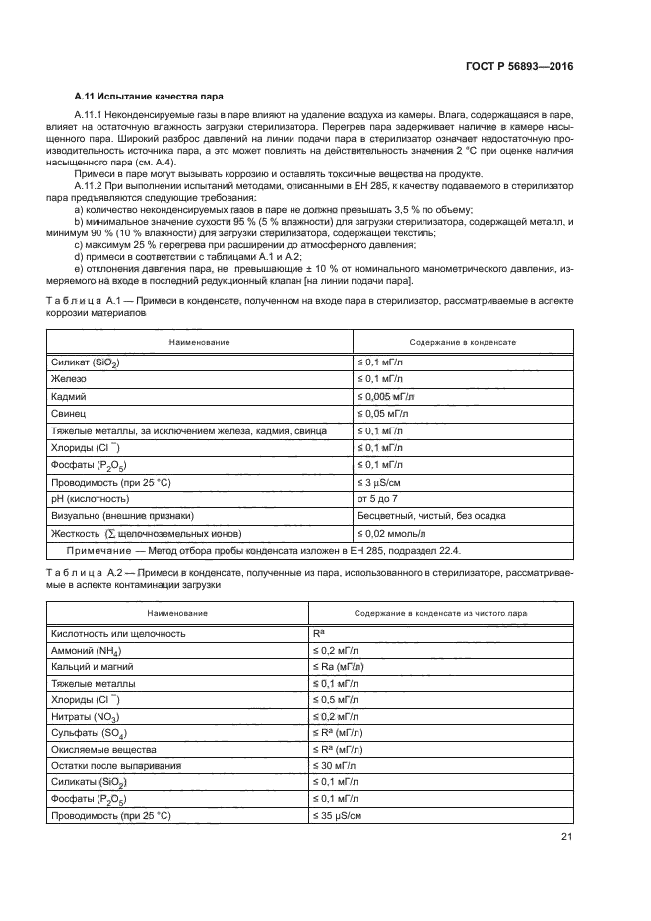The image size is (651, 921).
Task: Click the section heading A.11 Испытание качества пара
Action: [149, 97]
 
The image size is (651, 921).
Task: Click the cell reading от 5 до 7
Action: [378, 499]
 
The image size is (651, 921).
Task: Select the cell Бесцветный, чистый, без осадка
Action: [423, 517]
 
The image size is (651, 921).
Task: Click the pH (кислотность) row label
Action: [95, 499]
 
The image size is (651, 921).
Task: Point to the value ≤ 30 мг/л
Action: [336, 765]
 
